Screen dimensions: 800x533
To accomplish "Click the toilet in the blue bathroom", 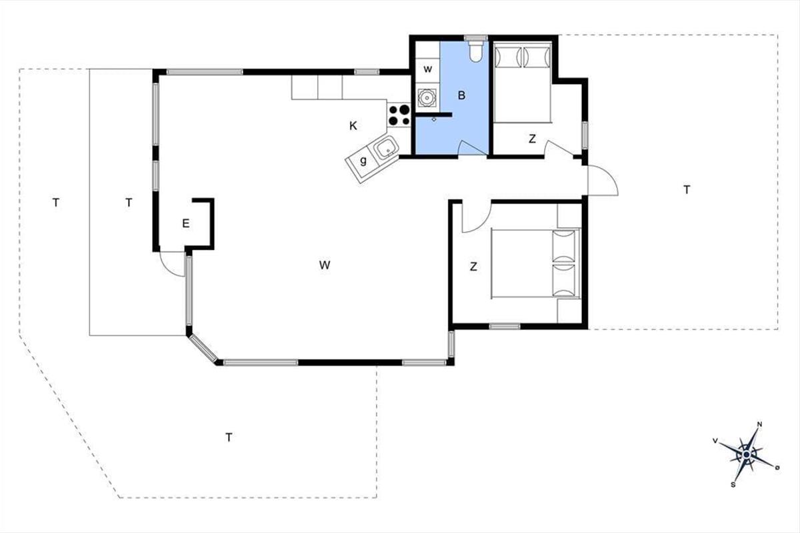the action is (476, 52).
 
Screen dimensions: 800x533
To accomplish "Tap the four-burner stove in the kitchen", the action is (399, 115).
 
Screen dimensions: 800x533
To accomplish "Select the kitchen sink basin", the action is (386, 148).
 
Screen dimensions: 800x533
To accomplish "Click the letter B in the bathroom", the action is (461, 95).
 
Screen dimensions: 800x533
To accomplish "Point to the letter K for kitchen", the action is (353, 126).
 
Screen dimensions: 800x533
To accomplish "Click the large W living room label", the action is (325, 265).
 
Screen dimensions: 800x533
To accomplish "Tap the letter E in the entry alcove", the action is (186, 223).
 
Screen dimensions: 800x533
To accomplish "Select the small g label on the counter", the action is (363, 161).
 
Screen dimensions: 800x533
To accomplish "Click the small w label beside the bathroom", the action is (427, 69).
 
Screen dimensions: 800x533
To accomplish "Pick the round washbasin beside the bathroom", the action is (427, 97).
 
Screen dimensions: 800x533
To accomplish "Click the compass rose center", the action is (747, 455).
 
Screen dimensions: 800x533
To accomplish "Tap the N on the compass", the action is (759, 424).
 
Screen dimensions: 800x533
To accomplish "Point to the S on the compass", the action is (733, 485).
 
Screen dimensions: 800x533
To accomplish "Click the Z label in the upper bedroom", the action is (532, 139).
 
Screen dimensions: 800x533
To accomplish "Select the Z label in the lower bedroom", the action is (473, 266).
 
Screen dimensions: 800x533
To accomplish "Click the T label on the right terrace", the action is (687, 190).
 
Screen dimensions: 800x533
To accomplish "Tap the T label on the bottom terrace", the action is (229, 437).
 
